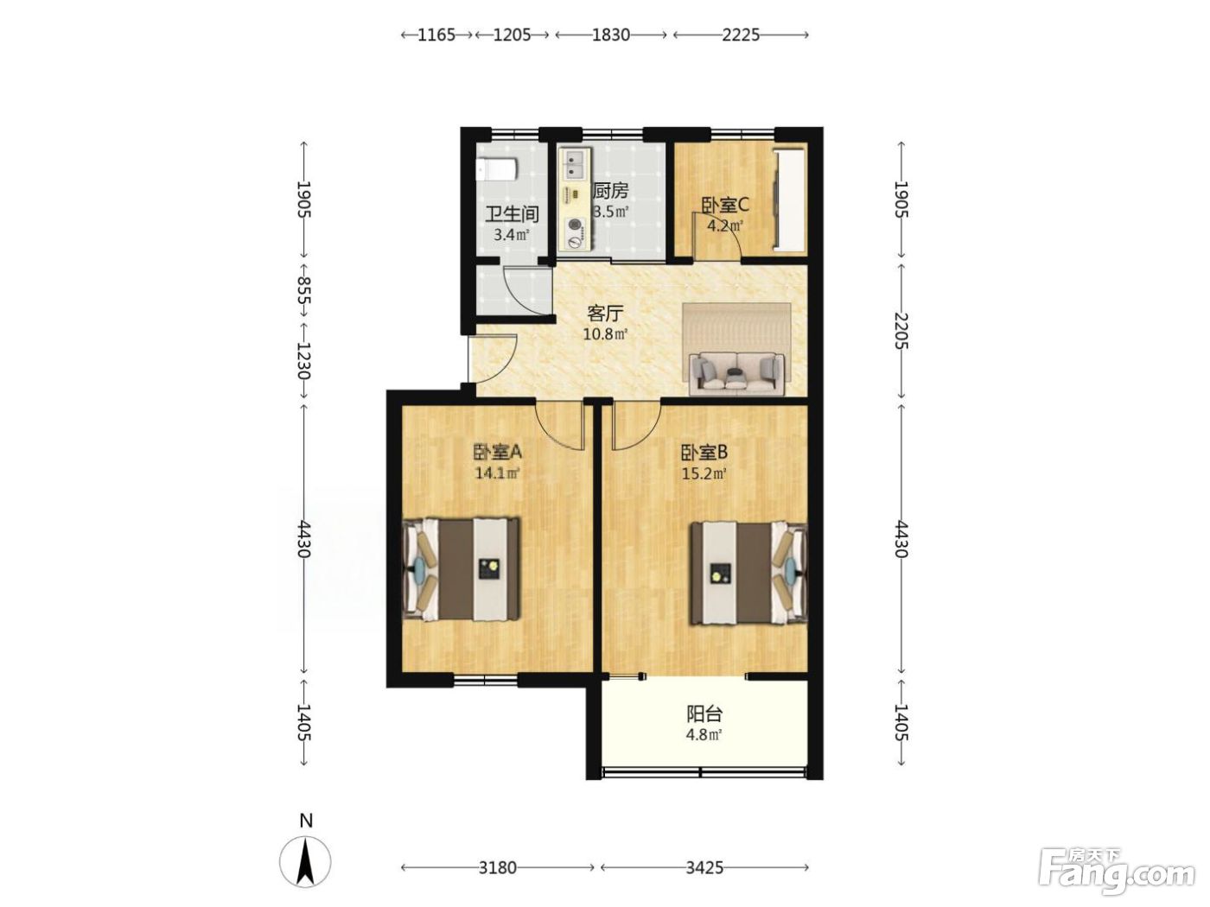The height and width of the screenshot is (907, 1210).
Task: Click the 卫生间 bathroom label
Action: tap(512, 214)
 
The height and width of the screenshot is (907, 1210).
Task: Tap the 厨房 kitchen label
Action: tap(610, 191)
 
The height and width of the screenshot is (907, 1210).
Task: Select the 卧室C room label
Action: tap(724, 206)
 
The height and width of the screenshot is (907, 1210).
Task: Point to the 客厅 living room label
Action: tap(605, 314)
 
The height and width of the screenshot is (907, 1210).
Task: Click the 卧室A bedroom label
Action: tap(497, 452)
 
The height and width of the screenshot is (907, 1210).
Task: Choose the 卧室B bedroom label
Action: tap(704, 453)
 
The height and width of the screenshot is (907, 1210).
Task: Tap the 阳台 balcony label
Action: tap(704, 714)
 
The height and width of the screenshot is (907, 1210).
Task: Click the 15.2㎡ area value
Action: tap(704, 473)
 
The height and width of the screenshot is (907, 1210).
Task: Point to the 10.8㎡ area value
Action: tap(605, 333)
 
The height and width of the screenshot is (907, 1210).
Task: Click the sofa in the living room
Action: tap(736, 375)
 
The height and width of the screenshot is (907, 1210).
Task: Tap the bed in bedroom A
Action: tap(462, 569)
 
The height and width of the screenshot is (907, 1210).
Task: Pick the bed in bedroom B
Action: tap(748, 573)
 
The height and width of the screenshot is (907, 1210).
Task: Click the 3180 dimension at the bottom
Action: tap(497, 868)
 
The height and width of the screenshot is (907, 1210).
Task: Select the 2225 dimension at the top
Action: tap(741, 35)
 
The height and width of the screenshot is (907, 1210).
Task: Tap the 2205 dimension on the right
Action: tap(901, 331)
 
